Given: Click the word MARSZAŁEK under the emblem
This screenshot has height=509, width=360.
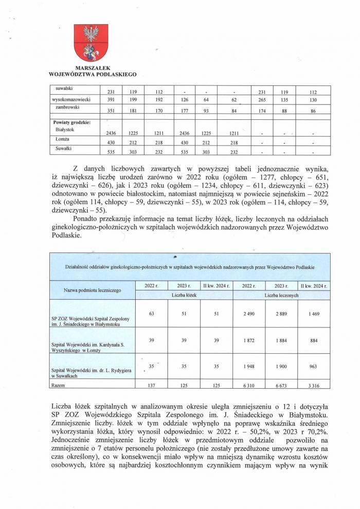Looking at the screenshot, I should pyautogui.click(x=92, y=68).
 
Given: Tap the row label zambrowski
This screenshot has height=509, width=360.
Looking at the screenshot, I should pyautogui.click(x=67, y=107).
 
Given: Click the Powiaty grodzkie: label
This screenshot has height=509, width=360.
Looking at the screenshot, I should pyautogui.click(x=72, y=122).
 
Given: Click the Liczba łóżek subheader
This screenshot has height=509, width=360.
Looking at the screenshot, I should pyautogui.click(x=184, y=296).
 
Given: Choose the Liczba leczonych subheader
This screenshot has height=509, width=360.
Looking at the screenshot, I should pyautogui.click(x=282, y=296).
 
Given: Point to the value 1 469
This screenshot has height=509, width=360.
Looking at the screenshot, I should pyautogui.click(x=314, y=313).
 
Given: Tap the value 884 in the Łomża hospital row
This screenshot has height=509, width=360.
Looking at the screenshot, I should pyautogui.click(x=314, y=340).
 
